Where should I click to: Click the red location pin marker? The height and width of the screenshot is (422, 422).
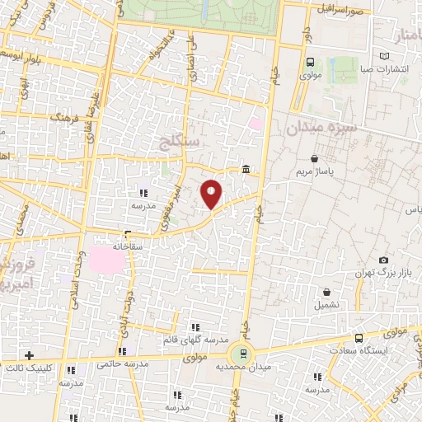pos(212,194)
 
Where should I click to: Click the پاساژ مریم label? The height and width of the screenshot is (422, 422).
pos(314,173)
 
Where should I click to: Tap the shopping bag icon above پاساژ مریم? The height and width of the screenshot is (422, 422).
pos(313,159)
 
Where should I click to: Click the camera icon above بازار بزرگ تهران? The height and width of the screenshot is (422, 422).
pos(384,260)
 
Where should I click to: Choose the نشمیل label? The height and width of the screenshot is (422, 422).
pos(327,305)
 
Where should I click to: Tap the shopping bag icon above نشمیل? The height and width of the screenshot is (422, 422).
pos(327,292)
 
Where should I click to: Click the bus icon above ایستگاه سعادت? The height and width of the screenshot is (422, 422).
pos(358,338)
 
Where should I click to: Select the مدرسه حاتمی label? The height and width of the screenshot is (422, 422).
pos(122,363)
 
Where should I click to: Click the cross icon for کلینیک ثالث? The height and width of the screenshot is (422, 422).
pos(30,356)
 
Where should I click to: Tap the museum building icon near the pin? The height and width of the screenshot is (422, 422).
pos(247,170)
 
